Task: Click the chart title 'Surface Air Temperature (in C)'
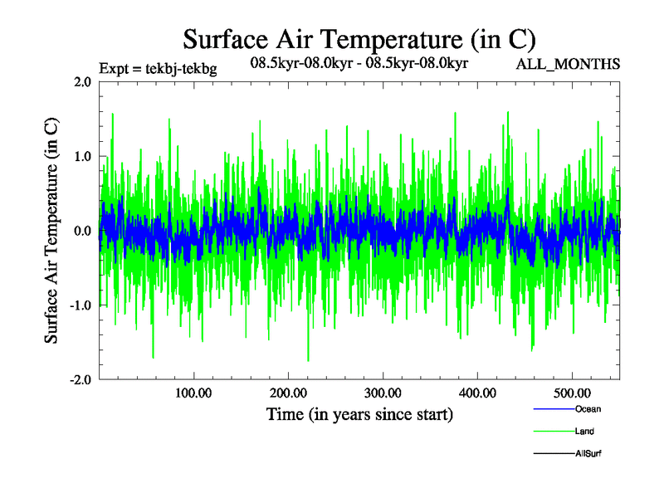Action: click(359, 39)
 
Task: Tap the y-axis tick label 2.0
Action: click(81, 81)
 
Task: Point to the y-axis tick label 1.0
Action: click(81, 156)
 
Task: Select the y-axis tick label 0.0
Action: click(81, 231)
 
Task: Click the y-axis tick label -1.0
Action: click(79, 305)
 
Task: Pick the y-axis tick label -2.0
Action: click(79, 379)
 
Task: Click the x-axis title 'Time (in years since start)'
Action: click(359, 413)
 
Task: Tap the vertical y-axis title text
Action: click(51, 230)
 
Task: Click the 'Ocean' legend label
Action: click(587, 409)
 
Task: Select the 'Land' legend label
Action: click(584, 432)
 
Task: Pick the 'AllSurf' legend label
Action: click(588, 454)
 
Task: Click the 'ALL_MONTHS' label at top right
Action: click(568, 64)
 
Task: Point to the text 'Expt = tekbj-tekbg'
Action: click(157, 69)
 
